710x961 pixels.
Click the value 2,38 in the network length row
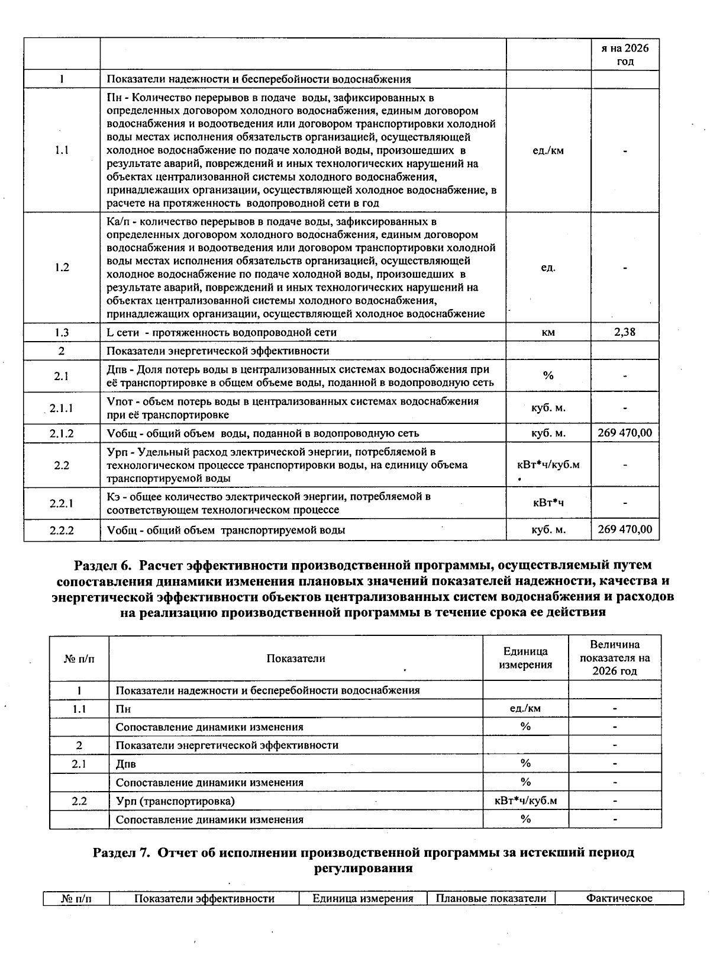[625, 332]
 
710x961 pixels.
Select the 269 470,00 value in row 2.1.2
[625, 433]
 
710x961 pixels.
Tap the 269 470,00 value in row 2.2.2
[625, 529]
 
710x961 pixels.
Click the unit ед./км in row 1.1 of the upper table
[548, 150]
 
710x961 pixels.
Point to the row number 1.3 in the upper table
[62, 332]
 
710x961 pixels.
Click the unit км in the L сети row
[548, 332]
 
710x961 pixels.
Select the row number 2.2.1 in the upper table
[62, 503]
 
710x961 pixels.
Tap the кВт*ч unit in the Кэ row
[548, 503]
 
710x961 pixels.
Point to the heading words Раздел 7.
[124, 853]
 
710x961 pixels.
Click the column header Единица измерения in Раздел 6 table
[525, 658]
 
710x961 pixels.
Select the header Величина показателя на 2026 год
[615, 658]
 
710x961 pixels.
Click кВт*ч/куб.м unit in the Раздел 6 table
[525, 801]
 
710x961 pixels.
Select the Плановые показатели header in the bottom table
[490, 898]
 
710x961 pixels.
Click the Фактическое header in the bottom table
[619, 898]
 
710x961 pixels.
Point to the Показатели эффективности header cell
[204, 898]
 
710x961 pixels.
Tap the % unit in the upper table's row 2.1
[548, 375]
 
